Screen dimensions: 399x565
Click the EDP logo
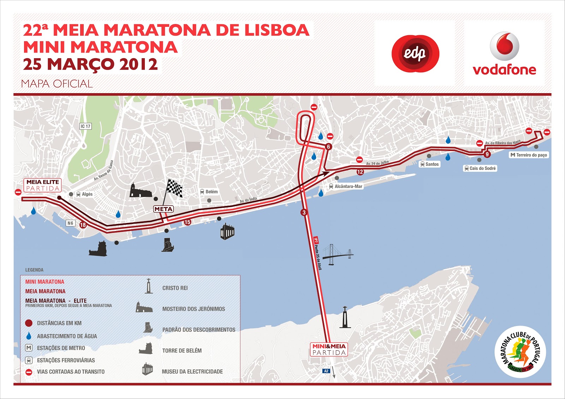[415, 54]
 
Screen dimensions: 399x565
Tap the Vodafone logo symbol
[505, 46]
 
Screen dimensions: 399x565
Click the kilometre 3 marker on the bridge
[304, 212]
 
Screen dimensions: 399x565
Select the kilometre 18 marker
[83, 225]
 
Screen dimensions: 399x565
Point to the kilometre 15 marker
[187, 222]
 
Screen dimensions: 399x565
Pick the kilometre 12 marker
[360, 172]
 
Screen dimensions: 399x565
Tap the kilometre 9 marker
[487, 154]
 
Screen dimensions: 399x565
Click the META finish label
[163, 209]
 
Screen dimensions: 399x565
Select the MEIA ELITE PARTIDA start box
[43, 185]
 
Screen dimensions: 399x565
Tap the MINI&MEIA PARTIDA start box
[329, 349]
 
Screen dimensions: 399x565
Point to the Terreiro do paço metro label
[529, 155]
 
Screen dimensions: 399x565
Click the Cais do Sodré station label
[480, 168]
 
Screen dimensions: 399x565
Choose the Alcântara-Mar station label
[346, 186]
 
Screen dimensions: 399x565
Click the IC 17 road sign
[85, 126]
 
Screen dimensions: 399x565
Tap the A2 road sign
[326, 371]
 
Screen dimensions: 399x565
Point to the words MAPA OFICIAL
[57, 84]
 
